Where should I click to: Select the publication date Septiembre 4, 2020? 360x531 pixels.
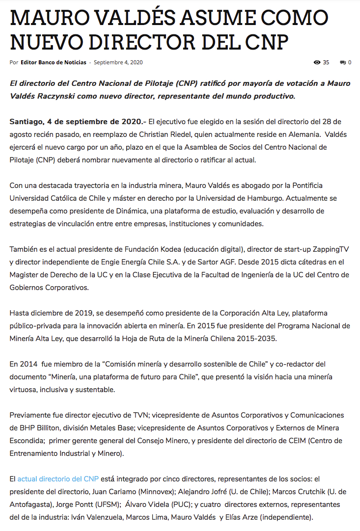point(118,62)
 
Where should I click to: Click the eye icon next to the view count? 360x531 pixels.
point(317,62)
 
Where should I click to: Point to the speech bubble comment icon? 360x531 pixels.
point(342,62)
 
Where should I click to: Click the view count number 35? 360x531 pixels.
point(326,62)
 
